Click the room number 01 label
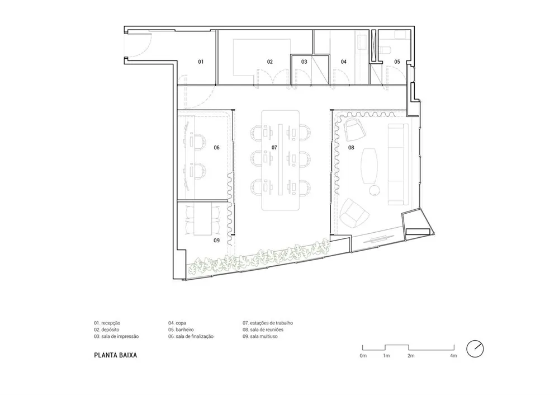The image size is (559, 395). pyautogui.click(x=201, y=62)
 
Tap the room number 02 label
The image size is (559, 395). pyautogui.click(x=270, y=62)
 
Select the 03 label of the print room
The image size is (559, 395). pyautogui.click(x=304, y=62)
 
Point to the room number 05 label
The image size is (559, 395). pyautogui.click(x=397, y=62)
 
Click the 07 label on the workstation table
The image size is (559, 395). pyautogui.click(x=274, y=147)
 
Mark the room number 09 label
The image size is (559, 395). pyautogui.click(x=217, y=241)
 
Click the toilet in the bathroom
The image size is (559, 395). pyautogui.click(x=386, y=50)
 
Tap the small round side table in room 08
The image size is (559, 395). pyautogui.click(x=375, y=191)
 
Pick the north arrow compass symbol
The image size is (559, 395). pyautogui.click(x=475, y=349)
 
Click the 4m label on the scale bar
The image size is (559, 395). pyautogui.click(x=453, y=356)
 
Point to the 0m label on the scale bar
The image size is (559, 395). pyautogui.click(x=363, y=356)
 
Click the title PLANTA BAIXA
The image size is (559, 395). pyautogui.click(x=116, y=355)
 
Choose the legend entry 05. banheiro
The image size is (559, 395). pyautogui.click(x=181, y=330)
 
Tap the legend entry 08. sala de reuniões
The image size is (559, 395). pyautogui.click(x=263, y=330)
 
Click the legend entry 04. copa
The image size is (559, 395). pyautogui.click(x=177, y=323)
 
